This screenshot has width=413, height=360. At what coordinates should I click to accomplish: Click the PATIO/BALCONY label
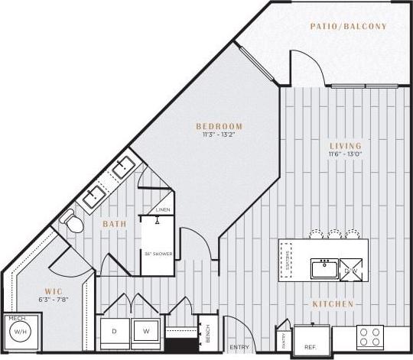pos(348,27)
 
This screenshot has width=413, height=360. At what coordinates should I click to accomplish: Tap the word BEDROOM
pos(219,127)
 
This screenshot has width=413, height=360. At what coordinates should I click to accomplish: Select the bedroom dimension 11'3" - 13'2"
pos(219,136)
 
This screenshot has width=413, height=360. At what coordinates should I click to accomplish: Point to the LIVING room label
pos(346,145)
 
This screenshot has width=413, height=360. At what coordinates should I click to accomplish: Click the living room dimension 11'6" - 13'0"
pos(346,154)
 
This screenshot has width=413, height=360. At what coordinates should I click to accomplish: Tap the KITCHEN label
pos(333,304)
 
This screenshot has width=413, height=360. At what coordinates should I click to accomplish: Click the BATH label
pos(115,225)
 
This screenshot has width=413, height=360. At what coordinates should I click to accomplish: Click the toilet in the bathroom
pos(72,221)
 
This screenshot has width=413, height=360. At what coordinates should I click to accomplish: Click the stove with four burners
pos(371,337)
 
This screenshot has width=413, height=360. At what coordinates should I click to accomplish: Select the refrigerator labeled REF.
pos(311,336)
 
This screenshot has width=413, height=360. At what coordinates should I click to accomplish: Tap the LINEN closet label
pos(162,209)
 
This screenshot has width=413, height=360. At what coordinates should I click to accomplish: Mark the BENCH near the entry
pos(206,332)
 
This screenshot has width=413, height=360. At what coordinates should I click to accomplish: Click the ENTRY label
pos(239,347)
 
